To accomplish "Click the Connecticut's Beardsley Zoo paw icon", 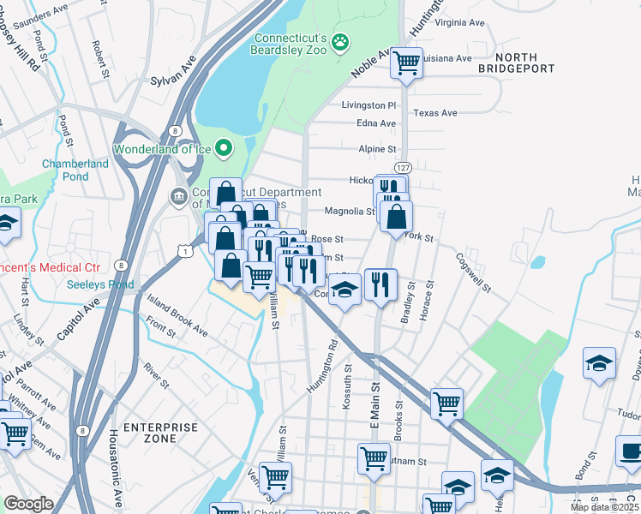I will [341, 41].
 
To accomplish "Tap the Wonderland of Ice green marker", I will [224, 148].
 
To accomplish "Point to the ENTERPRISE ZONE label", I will [154, 433].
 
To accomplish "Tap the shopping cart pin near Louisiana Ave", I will [406, 63].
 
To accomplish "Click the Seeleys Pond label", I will [100, 284].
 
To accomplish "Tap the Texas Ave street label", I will [435, 113].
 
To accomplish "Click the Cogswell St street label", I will [472, 271].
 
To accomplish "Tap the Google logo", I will [28, 504].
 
